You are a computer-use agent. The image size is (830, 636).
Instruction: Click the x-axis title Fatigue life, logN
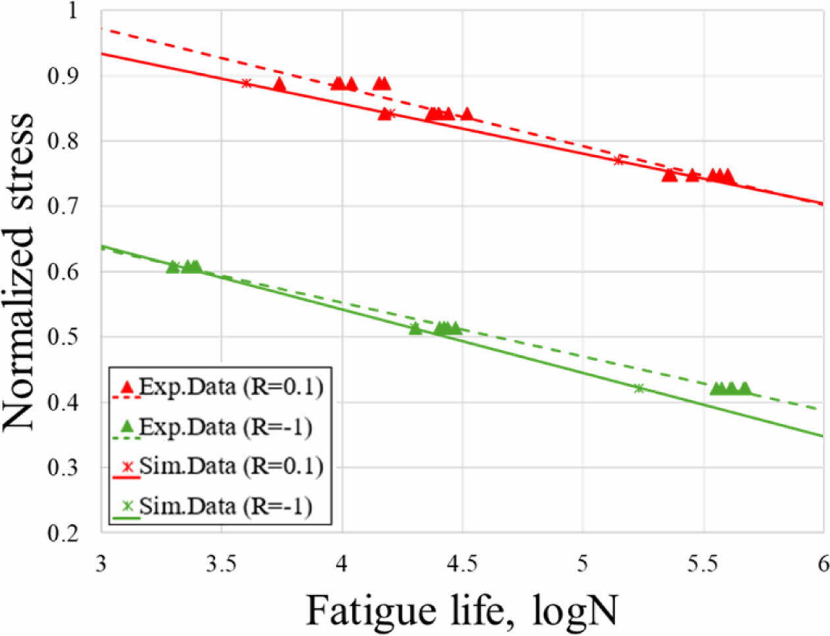click(462, 610)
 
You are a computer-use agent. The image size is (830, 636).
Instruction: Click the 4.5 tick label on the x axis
click(462, 565)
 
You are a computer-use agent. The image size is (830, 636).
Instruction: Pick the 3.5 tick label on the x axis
click(221, 565)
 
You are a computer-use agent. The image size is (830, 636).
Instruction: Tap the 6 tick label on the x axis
click(823, 565)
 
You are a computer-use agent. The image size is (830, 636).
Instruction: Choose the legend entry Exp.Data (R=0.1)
click(231, 387)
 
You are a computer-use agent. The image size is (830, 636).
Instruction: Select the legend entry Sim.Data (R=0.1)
click(231, 467)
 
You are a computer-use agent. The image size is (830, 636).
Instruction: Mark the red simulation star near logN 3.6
click(246, 83)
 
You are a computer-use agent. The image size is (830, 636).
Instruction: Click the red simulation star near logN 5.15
click(618, 160)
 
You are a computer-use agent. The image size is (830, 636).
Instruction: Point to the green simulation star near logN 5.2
click(638, 388)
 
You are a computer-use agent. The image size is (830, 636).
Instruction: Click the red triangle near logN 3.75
click(279, 84)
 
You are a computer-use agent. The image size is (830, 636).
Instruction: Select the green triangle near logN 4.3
click(415, 328)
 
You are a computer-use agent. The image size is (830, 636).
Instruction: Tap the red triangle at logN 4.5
click(467, 114)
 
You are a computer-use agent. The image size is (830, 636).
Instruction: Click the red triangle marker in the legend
click(128, 386)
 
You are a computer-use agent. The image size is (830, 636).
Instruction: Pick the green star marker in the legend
click(128, 506)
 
